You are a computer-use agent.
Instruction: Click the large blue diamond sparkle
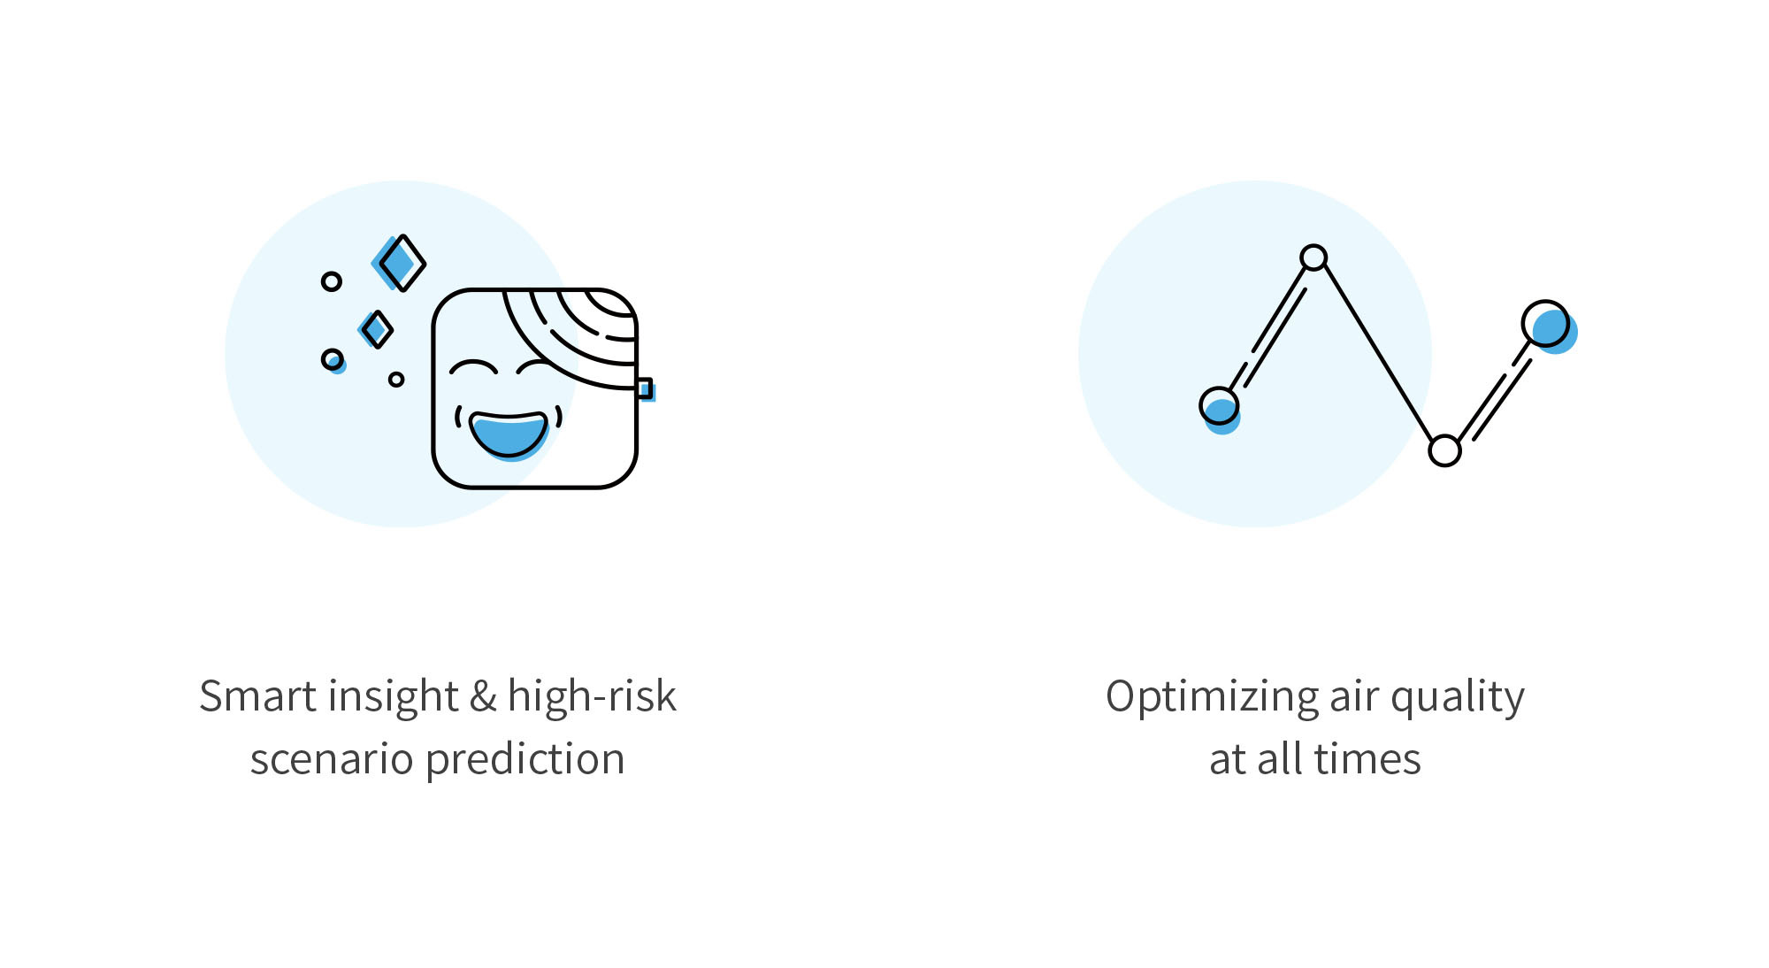pos(400,263)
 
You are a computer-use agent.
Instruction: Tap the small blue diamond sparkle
pos(376,329)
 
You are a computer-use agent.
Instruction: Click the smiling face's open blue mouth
pos(509,434)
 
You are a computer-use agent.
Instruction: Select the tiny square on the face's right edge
pos(645,388)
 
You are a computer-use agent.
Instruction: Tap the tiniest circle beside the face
pos(396,380)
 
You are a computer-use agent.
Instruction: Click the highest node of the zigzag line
pos(1313,257)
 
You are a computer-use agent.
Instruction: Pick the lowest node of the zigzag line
pos(1444,450)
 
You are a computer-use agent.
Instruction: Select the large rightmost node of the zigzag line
pos(1548,326)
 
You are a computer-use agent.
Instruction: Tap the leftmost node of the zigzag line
pos(1220,409)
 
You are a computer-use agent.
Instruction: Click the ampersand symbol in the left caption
pos(483,696)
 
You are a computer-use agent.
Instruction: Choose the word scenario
pos(332,759)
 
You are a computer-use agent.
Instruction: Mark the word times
pos(1367,759)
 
